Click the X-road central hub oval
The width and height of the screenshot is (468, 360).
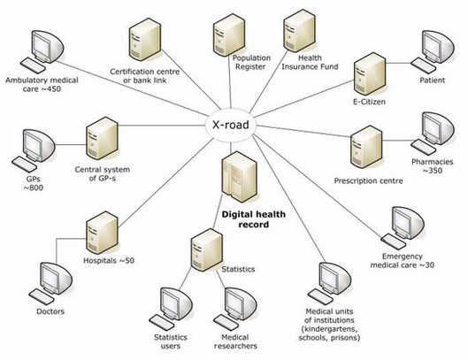click(230, 125)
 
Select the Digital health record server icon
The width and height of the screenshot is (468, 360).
click(239, 177)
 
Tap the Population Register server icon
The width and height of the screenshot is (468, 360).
click(229, 34)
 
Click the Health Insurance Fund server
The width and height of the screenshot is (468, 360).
click(299, 32)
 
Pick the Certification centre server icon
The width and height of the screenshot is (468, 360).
click(145, 40)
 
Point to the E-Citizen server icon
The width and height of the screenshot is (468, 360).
click(370, 74)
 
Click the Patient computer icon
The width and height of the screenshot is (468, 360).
click(433, 51)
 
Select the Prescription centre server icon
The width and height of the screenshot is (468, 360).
click(366, 147)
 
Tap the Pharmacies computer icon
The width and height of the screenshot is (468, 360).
click(433, 134)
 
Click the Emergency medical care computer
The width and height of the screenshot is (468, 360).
click(403, 228)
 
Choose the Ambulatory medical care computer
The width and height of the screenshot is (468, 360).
click(42, 51)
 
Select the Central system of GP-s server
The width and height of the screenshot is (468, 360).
click(102, 139)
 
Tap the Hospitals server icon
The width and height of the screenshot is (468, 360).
click(102, 233)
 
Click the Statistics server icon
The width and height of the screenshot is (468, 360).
click(207, 250)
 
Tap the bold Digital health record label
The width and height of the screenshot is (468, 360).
click(253, 219)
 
